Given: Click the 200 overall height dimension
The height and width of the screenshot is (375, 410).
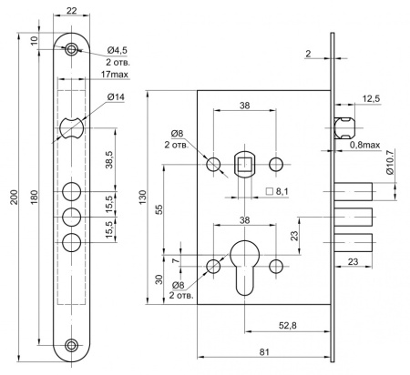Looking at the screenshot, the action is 15,197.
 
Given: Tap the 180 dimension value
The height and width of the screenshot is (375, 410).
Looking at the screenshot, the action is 34,197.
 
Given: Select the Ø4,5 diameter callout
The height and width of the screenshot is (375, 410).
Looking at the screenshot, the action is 118,50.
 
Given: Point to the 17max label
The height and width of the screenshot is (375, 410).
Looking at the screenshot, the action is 115,74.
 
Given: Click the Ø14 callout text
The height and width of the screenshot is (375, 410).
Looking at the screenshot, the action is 116,97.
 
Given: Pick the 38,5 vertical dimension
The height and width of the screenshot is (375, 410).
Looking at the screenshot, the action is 109,159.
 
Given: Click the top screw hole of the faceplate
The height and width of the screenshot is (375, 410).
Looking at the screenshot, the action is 72,49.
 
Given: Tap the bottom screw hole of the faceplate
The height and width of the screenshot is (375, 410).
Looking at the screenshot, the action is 72,345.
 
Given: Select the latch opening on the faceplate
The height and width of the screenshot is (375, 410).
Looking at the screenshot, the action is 72,128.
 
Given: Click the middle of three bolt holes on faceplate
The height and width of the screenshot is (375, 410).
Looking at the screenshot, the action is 72,217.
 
